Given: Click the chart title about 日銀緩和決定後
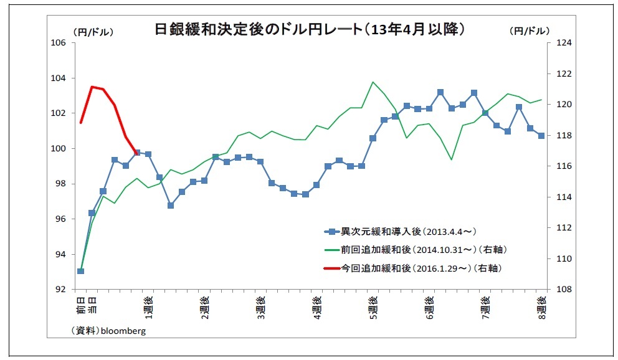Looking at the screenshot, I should coord(310,29).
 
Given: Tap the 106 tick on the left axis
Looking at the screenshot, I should coord(59,43).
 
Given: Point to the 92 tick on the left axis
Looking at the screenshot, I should coord(60,290).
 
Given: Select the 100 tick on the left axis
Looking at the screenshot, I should coord(59,149).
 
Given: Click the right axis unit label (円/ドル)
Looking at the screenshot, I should coord(529,31).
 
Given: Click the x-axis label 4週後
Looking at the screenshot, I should coord(316,308).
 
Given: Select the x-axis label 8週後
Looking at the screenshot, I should coord(541,308).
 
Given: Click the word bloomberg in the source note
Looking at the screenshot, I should coord(123,331).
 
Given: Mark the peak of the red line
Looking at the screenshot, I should coord(92,87).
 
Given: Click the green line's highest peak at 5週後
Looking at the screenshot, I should coord(373,82).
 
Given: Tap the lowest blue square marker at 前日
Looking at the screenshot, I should coord(80,271).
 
